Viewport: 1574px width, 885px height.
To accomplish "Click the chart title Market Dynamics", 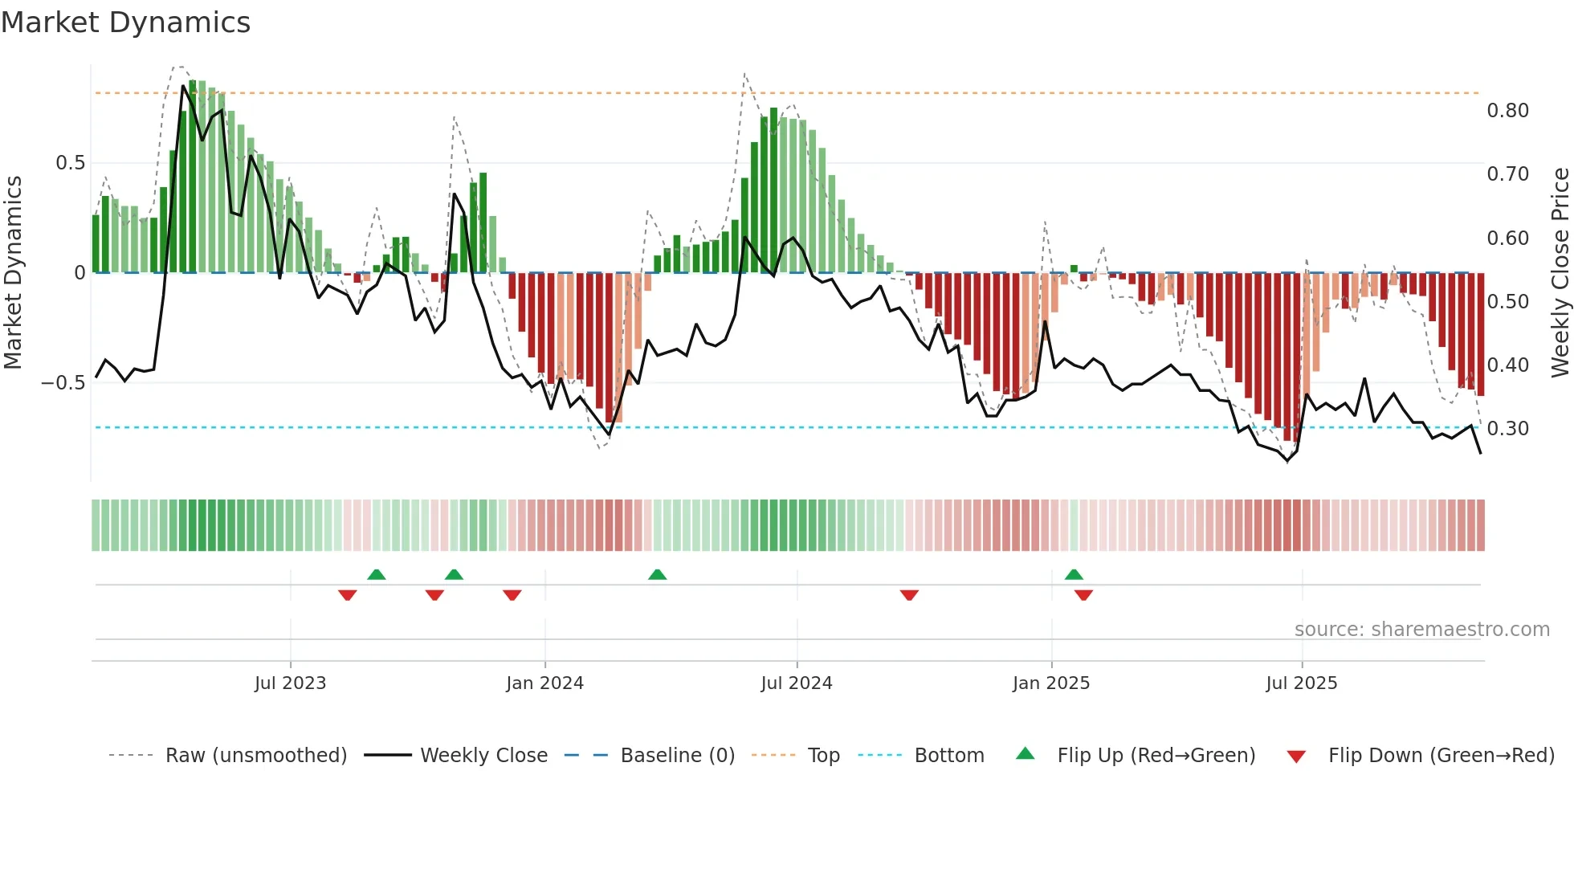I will tap(126, 22).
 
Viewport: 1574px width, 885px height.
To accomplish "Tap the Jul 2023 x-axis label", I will tap(290, 683).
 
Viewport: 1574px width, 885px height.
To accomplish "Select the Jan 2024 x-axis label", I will tap(544, 683).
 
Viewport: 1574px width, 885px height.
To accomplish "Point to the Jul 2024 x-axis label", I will tap(796, 683).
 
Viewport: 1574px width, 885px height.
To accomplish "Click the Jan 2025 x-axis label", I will tap(1050, 683).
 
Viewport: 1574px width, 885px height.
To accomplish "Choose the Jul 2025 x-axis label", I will tap(1301, 683).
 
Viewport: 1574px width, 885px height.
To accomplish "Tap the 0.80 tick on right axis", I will tap(1507, 111).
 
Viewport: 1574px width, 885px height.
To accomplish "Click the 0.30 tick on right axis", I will tap(1507, 429).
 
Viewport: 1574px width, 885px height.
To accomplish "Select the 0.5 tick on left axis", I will tap(70, 163).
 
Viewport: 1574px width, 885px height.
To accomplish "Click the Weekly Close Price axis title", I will tap(1560, 272).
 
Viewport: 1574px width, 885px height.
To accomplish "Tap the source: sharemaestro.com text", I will tap(1421, 630).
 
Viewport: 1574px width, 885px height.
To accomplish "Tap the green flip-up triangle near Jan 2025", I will tap(1074, 574).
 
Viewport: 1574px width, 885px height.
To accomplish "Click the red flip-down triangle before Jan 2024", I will tap(512, 595).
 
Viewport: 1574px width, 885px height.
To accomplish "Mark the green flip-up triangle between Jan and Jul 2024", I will tap(657, 574).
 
